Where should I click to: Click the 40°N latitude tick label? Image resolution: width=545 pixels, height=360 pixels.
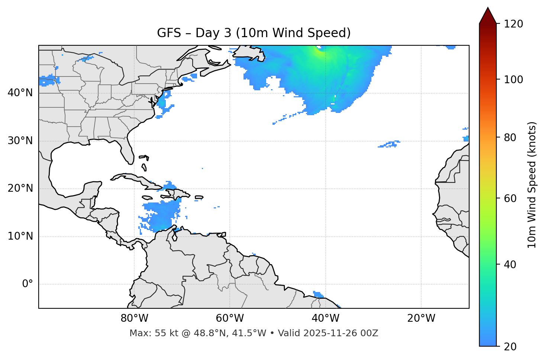pyautogui.click(x=20, y=93)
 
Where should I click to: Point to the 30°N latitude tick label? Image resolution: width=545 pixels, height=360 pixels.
pyautogui.click(x=20, y=141)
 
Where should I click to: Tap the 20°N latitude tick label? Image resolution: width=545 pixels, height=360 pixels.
pyautogui.click(x=20, y=188)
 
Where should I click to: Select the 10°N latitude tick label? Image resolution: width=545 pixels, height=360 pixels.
pyautogui.click(x=20, y=236)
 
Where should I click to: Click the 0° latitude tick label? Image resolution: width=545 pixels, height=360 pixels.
pyautogui.click(x=28, y=284)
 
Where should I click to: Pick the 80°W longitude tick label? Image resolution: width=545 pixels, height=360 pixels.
pyautogui.click(x=134, y=318)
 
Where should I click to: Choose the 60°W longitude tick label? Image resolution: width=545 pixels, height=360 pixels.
pyautogui.click(x=230, y=318)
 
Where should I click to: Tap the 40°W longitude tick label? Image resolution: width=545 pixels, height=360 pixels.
pyautogui.click(x=325, y=318)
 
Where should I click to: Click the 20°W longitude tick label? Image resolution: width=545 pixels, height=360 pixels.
pyautogui.click(x=421, y=318)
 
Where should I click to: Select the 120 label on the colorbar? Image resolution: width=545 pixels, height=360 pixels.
pyautogui.click(x=513, y=24)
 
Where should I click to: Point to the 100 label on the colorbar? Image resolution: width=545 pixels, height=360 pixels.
pyautogui.click(x=513, y=80)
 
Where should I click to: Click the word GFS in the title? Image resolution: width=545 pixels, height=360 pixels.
pyautogui.click(x=169, y=33)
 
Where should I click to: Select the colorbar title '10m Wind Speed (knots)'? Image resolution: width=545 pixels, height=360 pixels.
pyautogui.click(x=532, y=185)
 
